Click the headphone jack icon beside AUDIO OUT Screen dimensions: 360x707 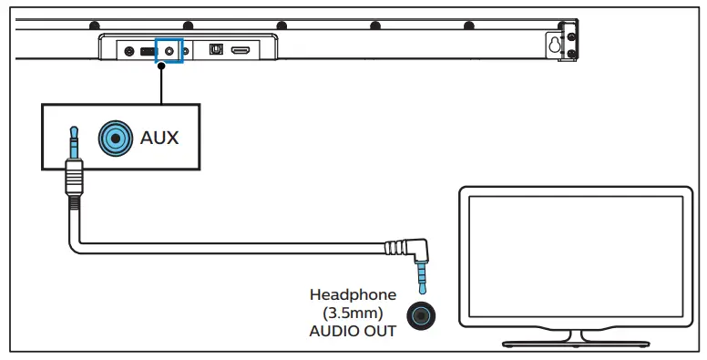tap(421, 314)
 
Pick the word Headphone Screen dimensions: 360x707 tap(353, 294)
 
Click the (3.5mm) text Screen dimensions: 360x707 tap(353, 313)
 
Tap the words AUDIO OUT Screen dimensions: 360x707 tap(353, 331)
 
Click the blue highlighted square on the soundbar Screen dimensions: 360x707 tap(169, 51)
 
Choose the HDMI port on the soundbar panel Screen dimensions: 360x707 tap(241, 51)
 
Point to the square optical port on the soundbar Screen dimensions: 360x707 tap(216, 51)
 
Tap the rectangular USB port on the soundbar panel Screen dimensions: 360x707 tap(146, 52)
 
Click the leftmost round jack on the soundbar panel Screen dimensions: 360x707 tap(127, 52)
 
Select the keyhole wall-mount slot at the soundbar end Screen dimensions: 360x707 tap(553, 42)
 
